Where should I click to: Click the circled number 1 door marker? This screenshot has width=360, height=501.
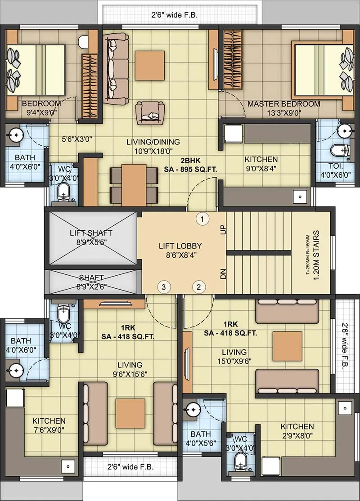click(x=203, y=219)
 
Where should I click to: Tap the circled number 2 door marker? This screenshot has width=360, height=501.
click(x=199, y=286)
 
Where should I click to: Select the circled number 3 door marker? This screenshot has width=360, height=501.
click(x=164, y=286)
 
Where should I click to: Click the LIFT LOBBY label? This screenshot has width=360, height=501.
click(x=180, y=246)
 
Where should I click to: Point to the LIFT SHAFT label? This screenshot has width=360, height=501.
click(x=91, y=233)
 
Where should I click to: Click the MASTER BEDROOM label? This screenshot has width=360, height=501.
click(x=283, y=104)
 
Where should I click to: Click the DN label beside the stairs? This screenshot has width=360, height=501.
click(x=223, y=273)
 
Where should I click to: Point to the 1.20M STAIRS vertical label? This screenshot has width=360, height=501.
click(x=316, y=255)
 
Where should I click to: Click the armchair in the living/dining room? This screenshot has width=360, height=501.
click(x=150, y=112)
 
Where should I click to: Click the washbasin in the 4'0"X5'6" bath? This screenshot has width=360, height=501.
click(x=193, y=408)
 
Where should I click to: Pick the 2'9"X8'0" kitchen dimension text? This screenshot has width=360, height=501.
click(x=297, y=435)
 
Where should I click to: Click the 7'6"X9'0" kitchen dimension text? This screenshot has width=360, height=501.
click(x=49, y=429)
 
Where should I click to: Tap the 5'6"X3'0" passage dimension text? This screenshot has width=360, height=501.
click(x=76, y=139)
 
